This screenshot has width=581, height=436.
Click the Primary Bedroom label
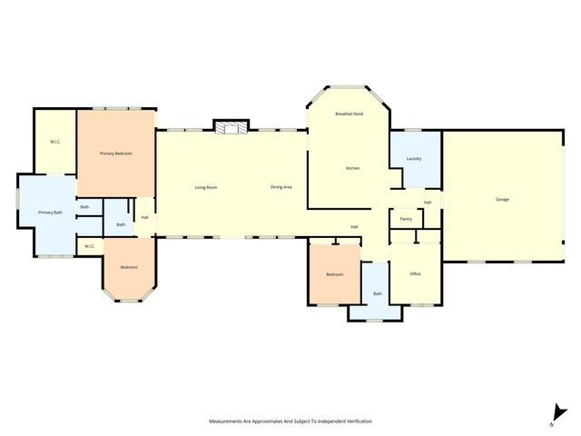click(x=116, y=154)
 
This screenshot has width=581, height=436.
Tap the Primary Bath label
click(x=50, y=212)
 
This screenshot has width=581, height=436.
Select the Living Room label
click(x=206, y=187)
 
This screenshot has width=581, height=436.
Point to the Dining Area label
click(x=281, y=187)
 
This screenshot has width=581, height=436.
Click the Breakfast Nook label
click(x=349, y=114)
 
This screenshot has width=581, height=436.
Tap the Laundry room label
click(x=414, y=159)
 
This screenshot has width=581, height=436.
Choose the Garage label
click(x=502, y=199)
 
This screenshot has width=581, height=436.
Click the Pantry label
click(x=406, y=219)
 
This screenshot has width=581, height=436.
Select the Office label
click(x=415, y=273)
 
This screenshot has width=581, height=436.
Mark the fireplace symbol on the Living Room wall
click(x=231, y=127)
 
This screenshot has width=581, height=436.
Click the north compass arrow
click(x=555, y=413)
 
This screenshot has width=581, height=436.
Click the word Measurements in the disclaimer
click(x=230, y=421)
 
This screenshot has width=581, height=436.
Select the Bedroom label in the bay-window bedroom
click(x=130, y=267)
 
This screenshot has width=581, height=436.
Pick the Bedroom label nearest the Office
click(x=335, y=273)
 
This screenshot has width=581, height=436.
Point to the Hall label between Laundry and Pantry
click(x=427, y=202)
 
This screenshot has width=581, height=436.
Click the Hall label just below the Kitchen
click(x=355, y=226)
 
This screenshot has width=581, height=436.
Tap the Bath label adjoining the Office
click(x=377, y=293)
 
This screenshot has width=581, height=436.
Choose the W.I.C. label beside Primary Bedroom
click(x=54, y=142)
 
